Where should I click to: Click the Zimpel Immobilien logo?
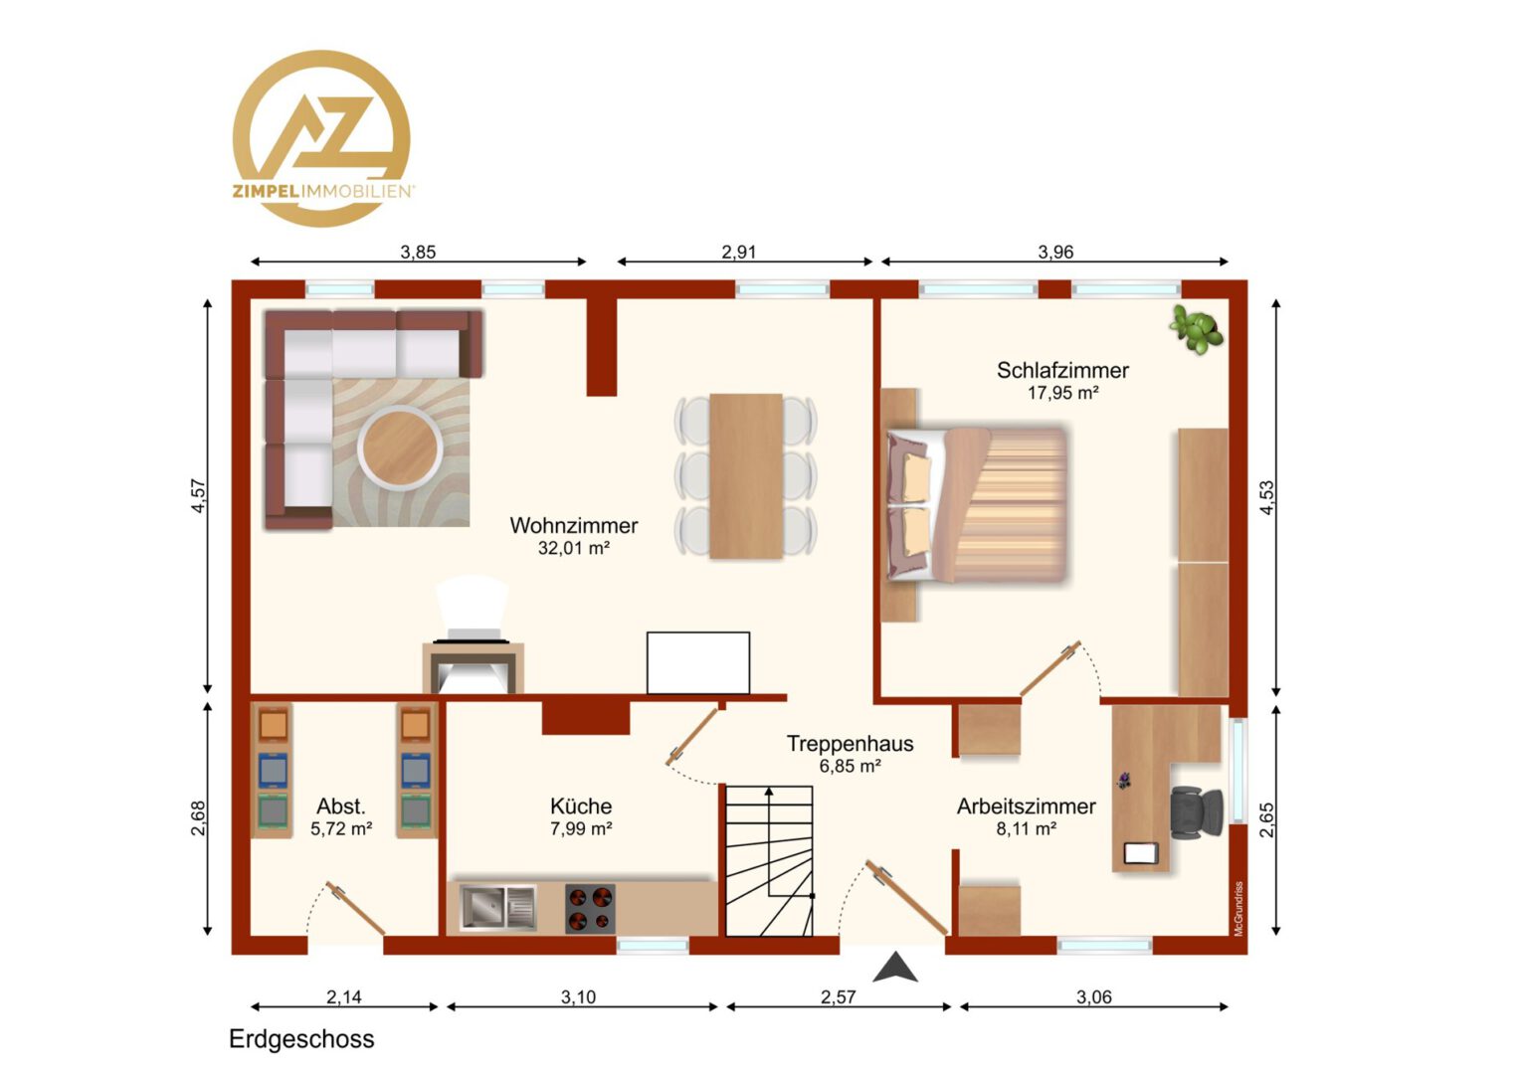point(321,137)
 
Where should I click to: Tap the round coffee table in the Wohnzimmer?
point(400,447)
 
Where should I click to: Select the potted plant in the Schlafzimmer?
point(1197,329)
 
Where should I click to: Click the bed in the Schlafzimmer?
point(977,504)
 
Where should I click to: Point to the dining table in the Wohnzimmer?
point(746,476)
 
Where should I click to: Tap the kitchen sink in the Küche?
point(498,908)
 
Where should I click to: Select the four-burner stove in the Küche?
point(590,909)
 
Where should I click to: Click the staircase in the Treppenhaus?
point(770,860)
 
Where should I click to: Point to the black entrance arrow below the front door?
point(895,967)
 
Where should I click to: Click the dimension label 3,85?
point(418,253)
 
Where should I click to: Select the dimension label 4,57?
point(198,496)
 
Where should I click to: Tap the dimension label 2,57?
point(838,996)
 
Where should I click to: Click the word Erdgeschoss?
point(301,1039)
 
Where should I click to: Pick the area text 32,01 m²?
point(574,548)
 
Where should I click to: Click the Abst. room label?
point(340,806)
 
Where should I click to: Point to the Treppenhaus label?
point(851,744)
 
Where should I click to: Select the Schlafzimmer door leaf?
point(1050,669)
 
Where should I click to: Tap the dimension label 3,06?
point(1094,996)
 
